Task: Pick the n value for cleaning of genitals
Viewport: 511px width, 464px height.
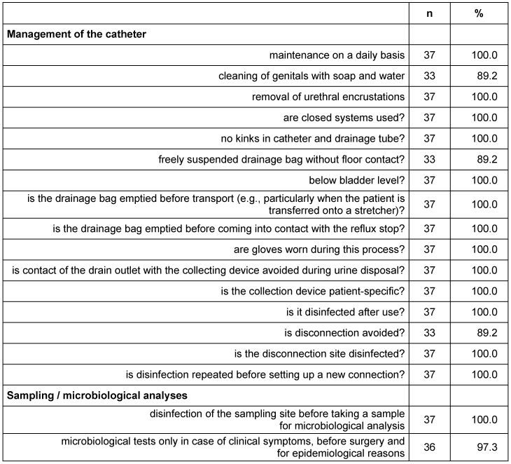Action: pos(429,76)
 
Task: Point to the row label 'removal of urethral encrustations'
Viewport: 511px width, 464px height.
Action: pos(328,96)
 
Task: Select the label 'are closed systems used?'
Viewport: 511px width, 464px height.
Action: pos(344,117)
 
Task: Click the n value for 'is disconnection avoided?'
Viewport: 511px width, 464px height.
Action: pos(429,332)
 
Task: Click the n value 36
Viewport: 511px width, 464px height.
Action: pos(429,447)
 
